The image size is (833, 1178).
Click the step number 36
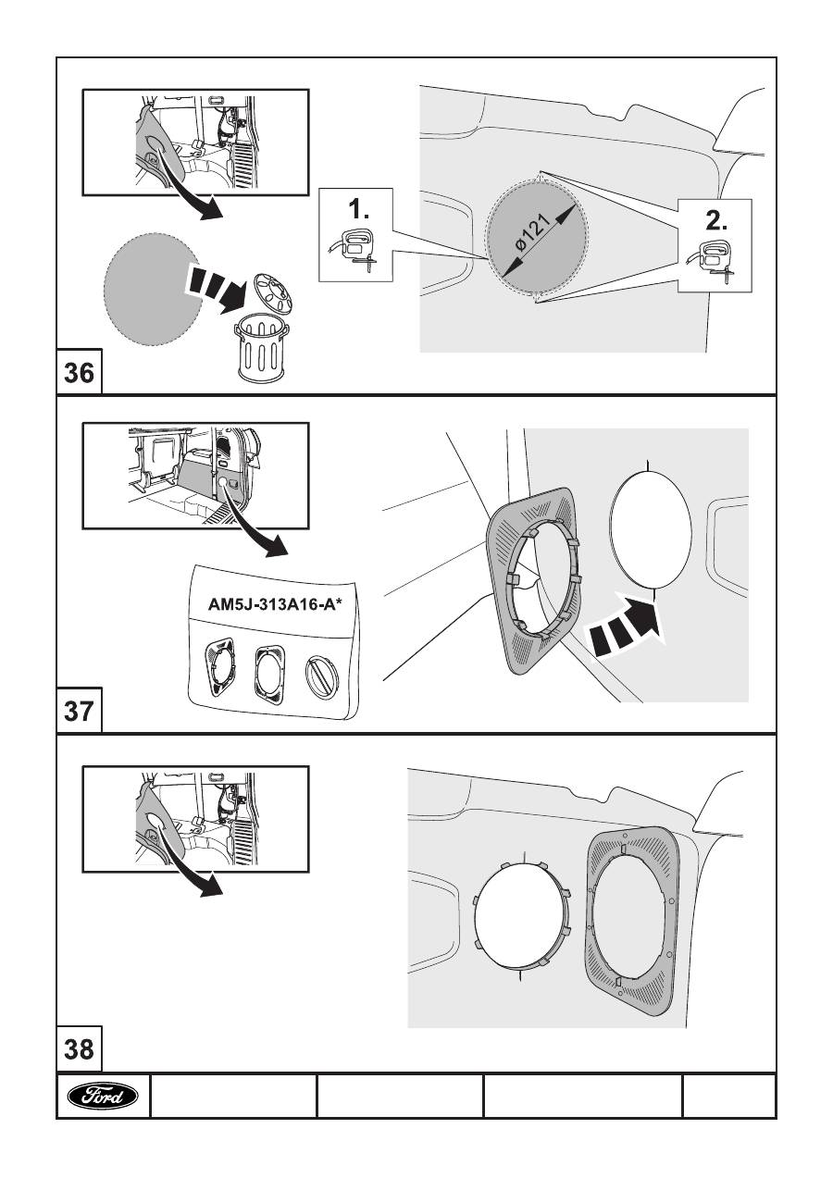pyautogui.click(x=79, y=374)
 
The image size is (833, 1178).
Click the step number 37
pyautogui.click(x=79, y=713)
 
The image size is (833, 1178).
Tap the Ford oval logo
pyautogui.click(x=103, y=1097)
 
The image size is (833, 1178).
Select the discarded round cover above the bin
pyautogui.click(x=270, y=295)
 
